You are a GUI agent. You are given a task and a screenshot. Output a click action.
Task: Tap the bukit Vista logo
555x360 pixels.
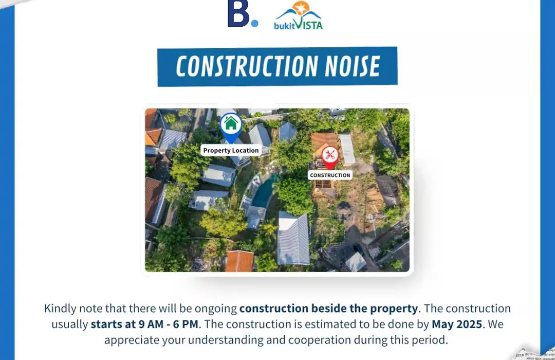[x=298, y=15]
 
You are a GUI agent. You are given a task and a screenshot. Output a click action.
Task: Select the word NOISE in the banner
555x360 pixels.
[x=353, y=66]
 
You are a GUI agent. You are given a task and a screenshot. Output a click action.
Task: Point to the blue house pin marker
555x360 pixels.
[x=231, y=127]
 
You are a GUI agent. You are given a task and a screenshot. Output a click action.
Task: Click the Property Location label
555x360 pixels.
[x=231, y=150]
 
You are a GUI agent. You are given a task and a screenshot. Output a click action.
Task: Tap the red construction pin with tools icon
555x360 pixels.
[x=330, y=157]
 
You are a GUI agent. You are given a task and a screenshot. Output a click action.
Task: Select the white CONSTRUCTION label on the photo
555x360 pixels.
[x=330, y=175]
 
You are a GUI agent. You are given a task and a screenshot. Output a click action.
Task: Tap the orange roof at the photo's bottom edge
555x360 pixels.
[x=239, y=261]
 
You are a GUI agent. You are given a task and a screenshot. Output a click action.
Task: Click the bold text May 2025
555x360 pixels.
[x=457, y=324]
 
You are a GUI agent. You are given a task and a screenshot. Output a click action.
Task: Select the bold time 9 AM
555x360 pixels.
[x=151, y=324]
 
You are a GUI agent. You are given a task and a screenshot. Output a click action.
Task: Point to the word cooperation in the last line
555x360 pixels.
[x=320, y=340]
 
